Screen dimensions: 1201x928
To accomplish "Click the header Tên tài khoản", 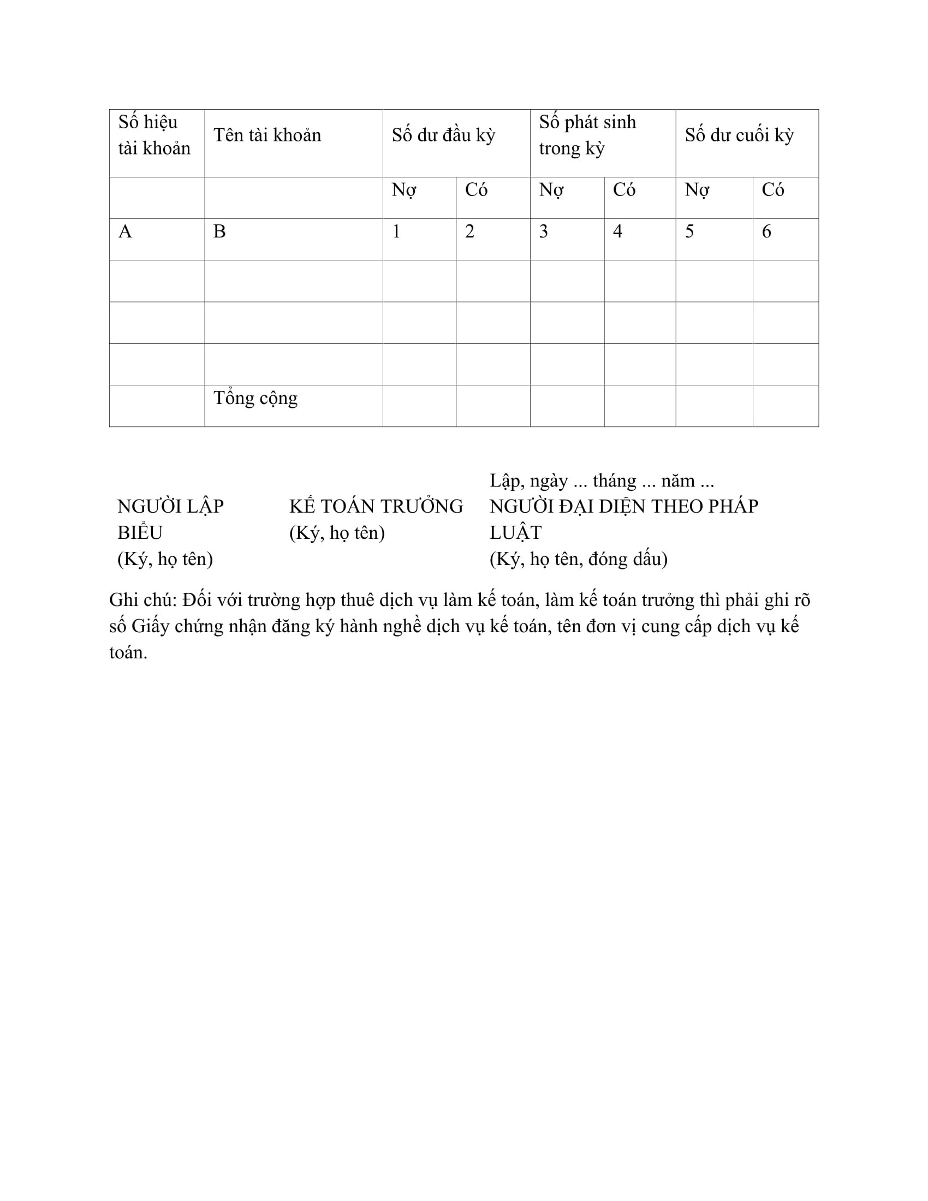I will pyautogui.click(x=267, y=135).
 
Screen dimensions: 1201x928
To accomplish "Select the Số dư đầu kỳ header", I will pyautogui.click(x=443, y=135).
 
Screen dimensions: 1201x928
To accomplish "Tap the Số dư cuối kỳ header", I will pyautogui.click(x=739, y=135).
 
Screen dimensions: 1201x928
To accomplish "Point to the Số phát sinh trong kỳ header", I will pyautogui.click(x=587, y=135).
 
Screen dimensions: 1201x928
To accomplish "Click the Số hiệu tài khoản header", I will pyautogui.click(x=154, y=135).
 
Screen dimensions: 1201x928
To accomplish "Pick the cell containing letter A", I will pyautogui.click(x=126, y=232).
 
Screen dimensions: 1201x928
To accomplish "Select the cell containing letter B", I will pyautogui.click(x=219, y=232).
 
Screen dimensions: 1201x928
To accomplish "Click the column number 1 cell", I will pyautogui.click(x=396, y=232).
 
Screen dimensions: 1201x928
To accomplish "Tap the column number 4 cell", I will pyautogui.click(x=617, y=232).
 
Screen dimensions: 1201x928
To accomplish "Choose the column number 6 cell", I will pyautogui.click(x=766, y=232).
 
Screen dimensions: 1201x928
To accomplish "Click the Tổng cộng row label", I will pyautogui.click(x=255, y=398).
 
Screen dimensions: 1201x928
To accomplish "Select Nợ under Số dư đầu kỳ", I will pyautogui.click(x=403, y=191).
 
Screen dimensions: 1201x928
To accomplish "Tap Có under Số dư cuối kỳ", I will pyautogui.click(x=772, y=191).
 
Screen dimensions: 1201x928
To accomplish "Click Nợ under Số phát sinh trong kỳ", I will pyautogui.click(x=551, y=191).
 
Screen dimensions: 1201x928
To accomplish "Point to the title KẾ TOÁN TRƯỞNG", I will pyautogui.click(x=376, y=507).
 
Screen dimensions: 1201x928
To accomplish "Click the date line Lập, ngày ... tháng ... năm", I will pyautogui.click(x=602, y=481).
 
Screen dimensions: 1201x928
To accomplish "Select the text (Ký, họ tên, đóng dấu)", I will pyautogui.click(x=578, y=559).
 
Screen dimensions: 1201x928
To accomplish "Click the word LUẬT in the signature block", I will pyautogui.click(x=515, y=533).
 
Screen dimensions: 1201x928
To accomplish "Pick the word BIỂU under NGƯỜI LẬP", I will pyautogui.click(x=140, y=533).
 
